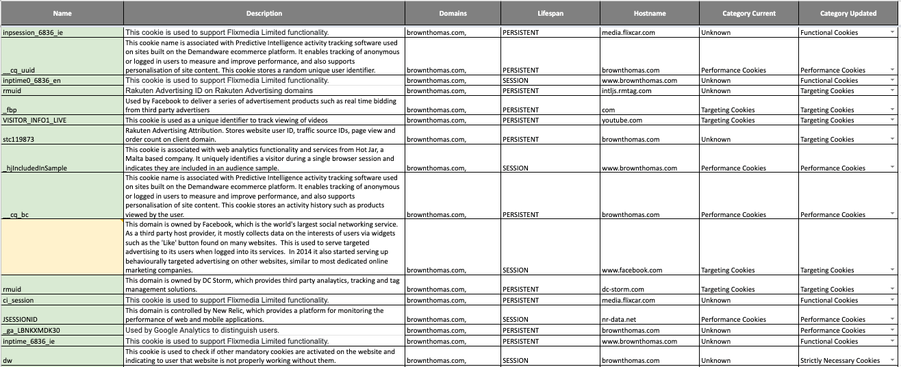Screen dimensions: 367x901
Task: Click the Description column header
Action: point(264,13)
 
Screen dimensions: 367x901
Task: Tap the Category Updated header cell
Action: point(848,13)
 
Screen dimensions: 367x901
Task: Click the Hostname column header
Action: point(649,13)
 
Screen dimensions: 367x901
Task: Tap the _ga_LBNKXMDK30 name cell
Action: point(31,330)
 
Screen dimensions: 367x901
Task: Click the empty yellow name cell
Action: point(62,246)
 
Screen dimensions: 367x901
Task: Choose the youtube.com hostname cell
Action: point(622,120)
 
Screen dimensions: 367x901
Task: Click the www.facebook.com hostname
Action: point(632,270)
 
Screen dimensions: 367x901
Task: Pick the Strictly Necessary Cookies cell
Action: point(840,360)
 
